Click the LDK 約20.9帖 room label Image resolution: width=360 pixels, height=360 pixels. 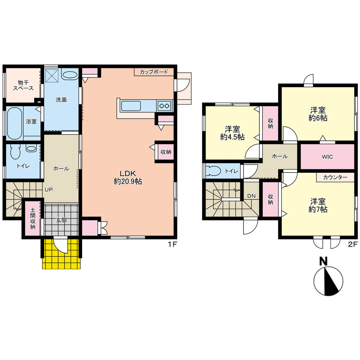128,178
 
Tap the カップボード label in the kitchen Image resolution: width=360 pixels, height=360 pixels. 154,72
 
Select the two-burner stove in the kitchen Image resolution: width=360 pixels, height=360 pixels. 164,106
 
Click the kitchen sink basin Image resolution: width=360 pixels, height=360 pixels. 131,106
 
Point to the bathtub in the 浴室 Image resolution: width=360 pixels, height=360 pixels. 14,123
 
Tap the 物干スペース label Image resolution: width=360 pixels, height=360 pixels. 23,85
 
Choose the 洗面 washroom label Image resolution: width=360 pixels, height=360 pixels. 61,100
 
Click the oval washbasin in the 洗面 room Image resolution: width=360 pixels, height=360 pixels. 69,75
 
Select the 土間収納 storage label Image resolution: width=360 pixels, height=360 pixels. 33,218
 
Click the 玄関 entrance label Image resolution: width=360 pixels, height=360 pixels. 61,220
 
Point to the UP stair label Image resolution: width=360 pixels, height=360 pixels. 49,190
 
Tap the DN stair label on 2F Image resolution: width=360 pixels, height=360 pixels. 251,196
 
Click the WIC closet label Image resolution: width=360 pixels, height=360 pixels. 327,157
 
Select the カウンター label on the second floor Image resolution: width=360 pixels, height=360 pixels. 335,177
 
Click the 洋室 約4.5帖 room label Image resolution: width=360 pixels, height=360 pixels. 232,133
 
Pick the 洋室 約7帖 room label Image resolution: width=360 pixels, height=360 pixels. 318,206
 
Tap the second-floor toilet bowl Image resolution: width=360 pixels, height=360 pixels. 214,171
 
